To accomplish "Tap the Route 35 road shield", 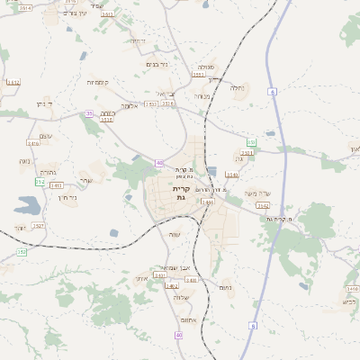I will [89, 113].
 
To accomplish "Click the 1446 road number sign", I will [208, 202].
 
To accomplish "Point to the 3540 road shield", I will [232, 175].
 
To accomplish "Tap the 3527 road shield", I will [38, 226].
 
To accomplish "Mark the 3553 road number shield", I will [198, 76].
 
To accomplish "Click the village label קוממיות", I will [98, 83].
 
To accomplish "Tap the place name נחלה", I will [237, 88].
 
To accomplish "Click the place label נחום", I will [226, 288].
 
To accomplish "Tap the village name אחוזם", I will [189, 320].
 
